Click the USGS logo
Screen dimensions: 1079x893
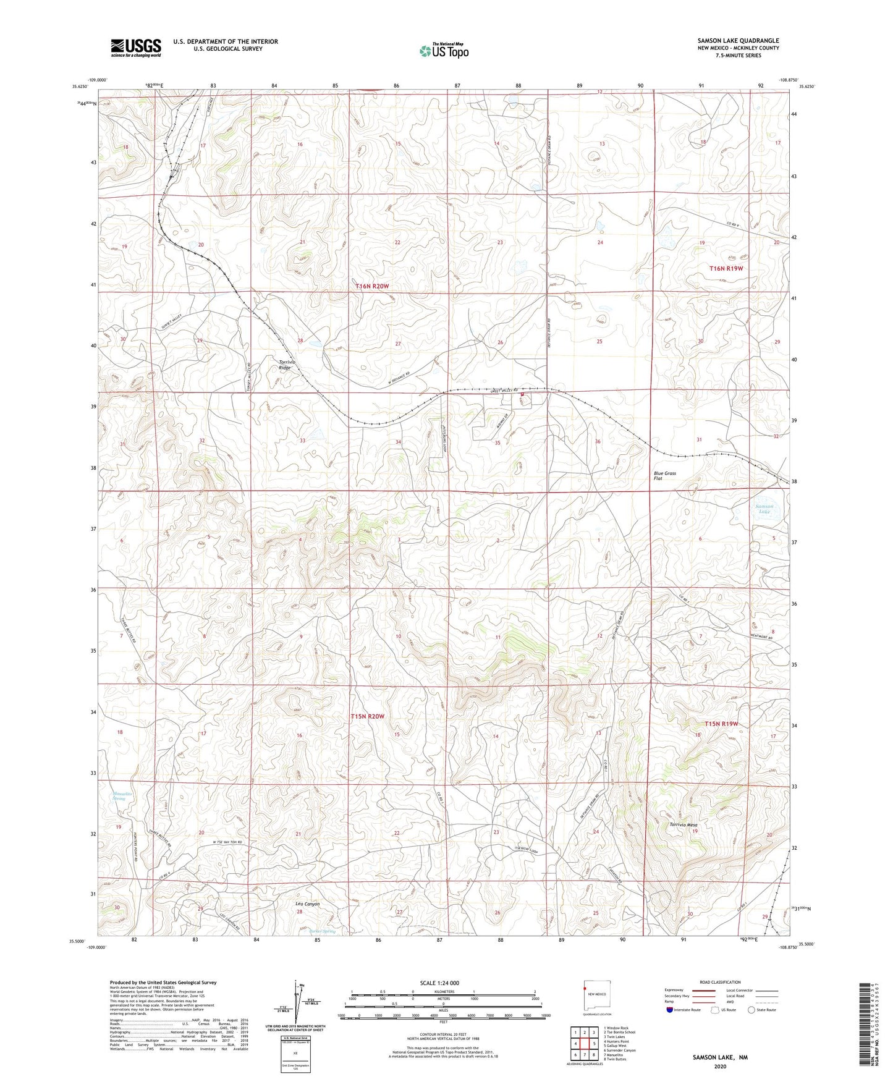(135, 48)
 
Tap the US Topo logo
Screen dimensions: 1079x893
(443, 51)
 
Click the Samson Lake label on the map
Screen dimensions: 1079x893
(764, 509)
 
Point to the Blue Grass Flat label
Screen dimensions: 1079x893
(665, 476)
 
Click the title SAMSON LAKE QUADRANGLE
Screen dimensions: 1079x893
(729, 40)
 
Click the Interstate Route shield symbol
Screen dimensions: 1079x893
(669, 1010)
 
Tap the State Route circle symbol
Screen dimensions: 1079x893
(751, 1010)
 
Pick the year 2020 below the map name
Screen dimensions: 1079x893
(720, 1067)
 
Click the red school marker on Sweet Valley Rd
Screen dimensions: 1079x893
(522, 394)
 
